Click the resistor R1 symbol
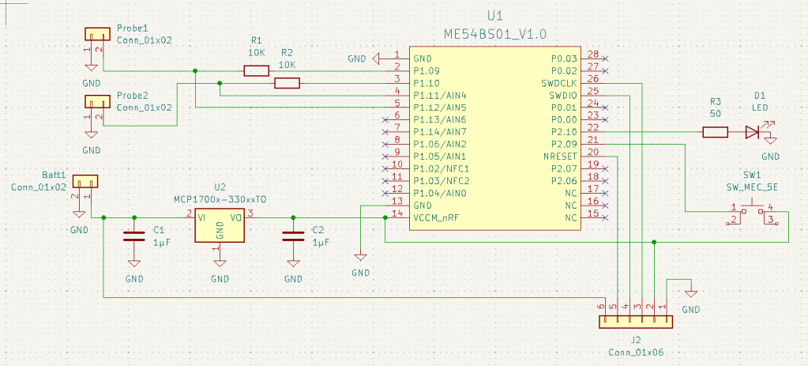[x=256, y=71]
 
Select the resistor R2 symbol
[x=287, y=83]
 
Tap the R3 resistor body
[x=715, y=132]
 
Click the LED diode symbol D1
[x=752, y=132]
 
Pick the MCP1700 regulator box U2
[x=220, y=225]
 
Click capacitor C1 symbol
[x=133, y=235]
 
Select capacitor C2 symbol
[x=294, y=235]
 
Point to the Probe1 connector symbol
[x=98, y=34]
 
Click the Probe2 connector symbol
[x=98, y=102]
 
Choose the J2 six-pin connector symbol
[x=635, y=322]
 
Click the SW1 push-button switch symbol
[x=750, y=213]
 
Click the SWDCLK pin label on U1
[x=558, y=83]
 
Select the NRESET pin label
[x=560, y=157]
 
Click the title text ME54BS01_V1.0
[x=496, y=34]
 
